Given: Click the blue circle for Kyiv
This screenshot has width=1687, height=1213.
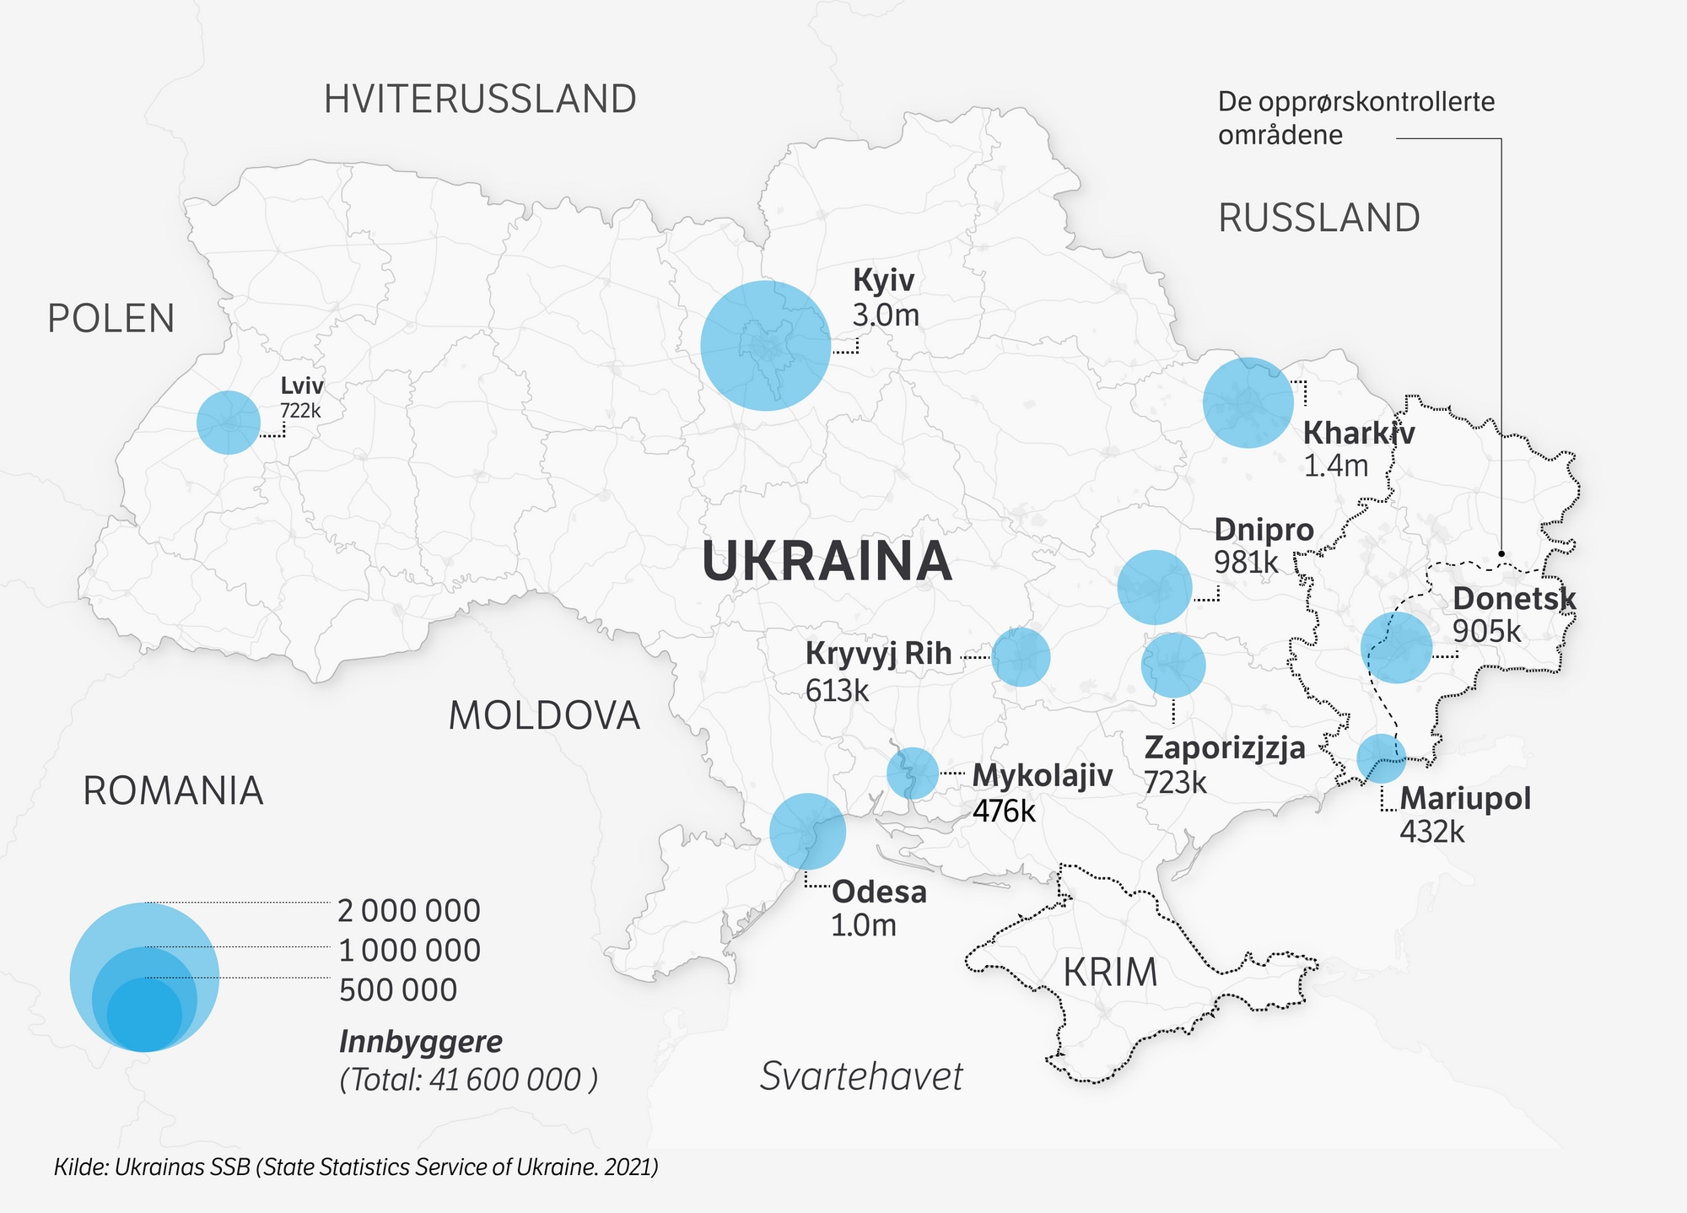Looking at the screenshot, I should point(765,346).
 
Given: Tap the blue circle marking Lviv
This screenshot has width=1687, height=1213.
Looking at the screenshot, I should point(229,423).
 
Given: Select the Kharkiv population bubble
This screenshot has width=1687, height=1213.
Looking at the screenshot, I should point(1248,402).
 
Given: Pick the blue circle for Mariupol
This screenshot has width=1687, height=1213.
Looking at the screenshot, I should point(1381,758).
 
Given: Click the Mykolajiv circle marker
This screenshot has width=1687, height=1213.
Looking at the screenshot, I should point(913,773).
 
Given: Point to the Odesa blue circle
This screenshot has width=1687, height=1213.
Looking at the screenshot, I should point(807,831).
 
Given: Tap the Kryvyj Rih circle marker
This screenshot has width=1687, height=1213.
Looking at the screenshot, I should point(1021,656).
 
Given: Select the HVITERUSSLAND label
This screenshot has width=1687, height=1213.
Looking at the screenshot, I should point(480,100).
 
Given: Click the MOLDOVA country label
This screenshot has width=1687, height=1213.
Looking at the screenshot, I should point(544,716).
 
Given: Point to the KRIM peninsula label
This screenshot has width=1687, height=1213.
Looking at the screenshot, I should point(1110,973).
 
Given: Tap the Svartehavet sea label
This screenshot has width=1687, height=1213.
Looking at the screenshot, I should point(860,1076).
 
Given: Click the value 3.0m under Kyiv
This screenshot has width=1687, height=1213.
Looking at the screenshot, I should point(885,315).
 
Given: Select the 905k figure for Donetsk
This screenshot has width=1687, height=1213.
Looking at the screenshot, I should point(1486,631).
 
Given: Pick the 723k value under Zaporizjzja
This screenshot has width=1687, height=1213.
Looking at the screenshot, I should point(1175,783).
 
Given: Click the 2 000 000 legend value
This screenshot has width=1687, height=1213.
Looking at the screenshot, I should point(408,911).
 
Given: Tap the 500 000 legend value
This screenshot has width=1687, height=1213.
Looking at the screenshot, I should point(397,989).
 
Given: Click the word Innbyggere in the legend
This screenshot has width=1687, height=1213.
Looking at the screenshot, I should point(420,1042).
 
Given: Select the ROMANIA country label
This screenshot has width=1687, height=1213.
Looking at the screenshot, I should point(173,791).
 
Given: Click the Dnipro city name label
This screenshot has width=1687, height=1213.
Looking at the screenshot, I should point(1264,530).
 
